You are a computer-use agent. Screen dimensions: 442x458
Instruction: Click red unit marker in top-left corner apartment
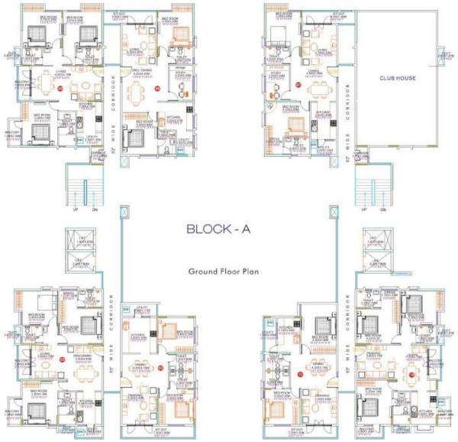tap(60, 89)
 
